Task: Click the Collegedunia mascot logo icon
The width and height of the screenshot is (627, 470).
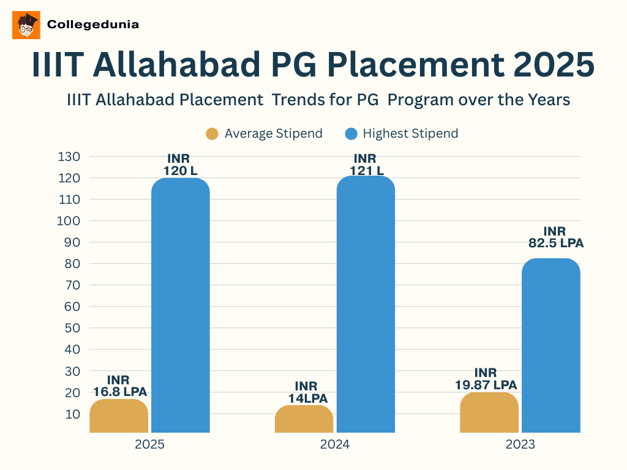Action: [x=26, y=25]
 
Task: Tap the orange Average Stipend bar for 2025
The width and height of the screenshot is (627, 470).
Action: [x=119, y=416]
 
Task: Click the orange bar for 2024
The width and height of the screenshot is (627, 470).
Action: [x=304, y=419]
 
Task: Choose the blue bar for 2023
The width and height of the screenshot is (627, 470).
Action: [x=551, y=346]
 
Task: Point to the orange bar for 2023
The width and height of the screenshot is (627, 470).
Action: [x=489, y=412]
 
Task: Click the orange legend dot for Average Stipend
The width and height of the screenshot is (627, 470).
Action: [x=212, y=133]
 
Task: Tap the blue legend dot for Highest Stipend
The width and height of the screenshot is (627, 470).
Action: [x=350, y=133]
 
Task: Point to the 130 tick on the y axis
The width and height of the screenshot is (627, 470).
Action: [x=69, y=157]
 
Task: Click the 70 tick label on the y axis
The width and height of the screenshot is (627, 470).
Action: [x=72, y=285]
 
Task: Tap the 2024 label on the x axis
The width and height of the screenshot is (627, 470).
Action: [x=335, y=444]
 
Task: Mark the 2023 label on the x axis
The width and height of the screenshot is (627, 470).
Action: [x=520, y=444]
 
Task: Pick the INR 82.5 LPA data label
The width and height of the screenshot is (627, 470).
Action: [x=555, y=237]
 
